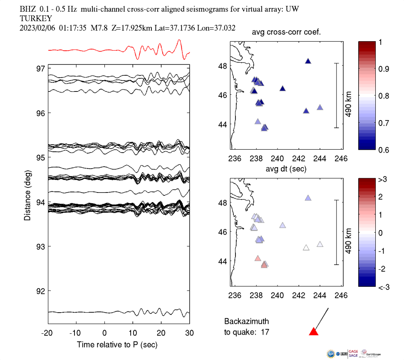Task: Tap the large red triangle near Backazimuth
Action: coord(314,332)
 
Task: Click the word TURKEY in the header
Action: coord(36,18)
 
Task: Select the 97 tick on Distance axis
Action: coord(42,68)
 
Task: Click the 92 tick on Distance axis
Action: coord(42,291)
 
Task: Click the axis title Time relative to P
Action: coord(117,345)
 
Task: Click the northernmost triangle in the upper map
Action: coord(308,61)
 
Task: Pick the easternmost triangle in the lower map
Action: coord(320,244)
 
